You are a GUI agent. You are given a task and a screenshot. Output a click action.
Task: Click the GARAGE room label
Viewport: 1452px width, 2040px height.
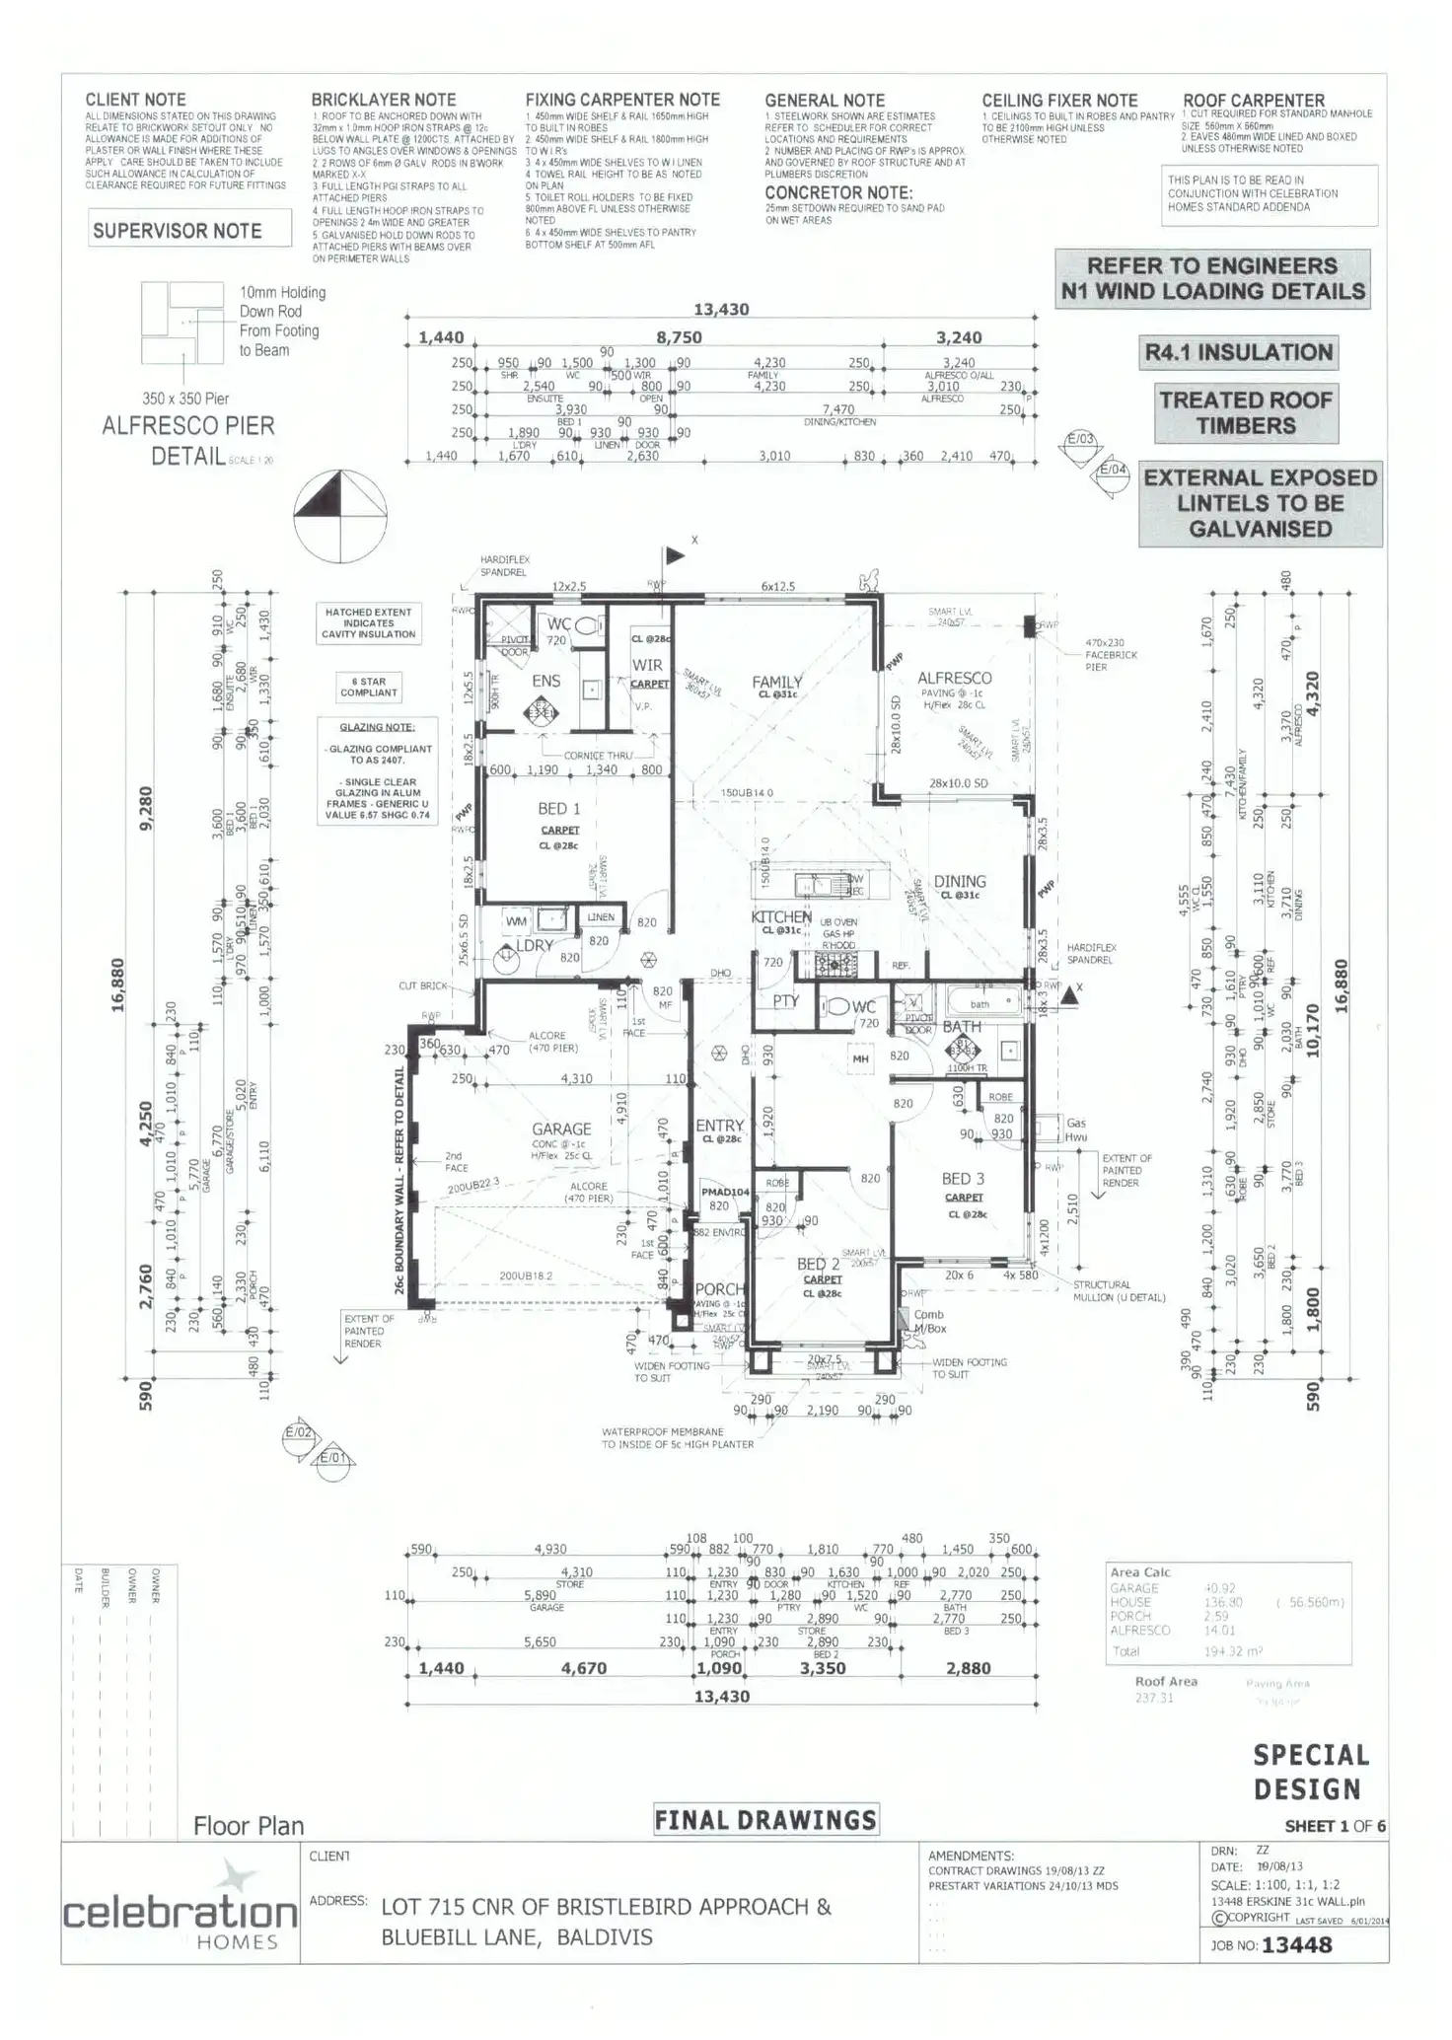tap(561, 1129)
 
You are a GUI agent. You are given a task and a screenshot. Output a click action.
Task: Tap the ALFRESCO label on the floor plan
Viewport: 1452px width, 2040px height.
tap(954, 678)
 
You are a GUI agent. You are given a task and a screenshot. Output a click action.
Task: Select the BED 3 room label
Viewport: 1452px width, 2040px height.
tap(963, 1179)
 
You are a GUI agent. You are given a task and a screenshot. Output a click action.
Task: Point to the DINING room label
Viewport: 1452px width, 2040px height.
tap(960, 881)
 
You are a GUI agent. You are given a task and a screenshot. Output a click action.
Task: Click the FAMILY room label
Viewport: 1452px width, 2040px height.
tap(777, 682)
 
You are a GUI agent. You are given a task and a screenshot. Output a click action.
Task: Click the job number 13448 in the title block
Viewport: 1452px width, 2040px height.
tap(1296, 1945)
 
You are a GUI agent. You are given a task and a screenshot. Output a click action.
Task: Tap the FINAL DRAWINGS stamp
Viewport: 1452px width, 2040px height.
tap(765, 1820)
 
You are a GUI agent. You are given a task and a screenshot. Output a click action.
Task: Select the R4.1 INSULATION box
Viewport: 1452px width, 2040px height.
tap(1238, 353)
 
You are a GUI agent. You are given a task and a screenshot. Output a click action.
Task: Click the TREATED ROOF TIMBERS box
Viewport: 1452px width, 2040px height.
tap(1246, 413)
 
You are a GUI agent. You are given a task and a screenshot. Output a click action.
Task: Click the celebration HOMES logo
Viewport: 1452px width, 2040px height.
tap(180, 1914)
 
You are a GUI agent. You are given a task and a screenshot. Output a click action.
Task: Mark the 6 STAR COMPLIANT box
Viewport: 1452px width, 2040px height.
tap(369, 687)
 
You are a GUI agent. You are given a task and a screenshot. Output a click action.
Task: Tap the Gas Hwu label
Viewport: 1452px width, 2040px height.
tap(1076, 1129)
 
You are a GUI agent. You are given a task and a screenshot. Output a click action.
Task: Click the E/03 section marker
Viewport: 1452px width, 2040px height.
tap(1080, 440)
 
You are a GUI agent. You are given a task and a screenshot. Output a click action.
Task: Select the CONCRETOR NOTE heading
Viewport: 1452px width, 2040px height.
tap(838, 193)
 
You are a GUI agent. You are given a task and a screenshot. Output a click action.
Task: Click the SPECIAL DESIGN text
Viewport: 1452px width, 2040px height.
tap(1311, 1772)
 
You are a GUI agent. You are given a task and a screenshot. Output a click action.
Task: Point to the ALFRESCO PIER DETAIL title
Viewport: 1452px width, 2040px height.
tap(188, 440)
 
